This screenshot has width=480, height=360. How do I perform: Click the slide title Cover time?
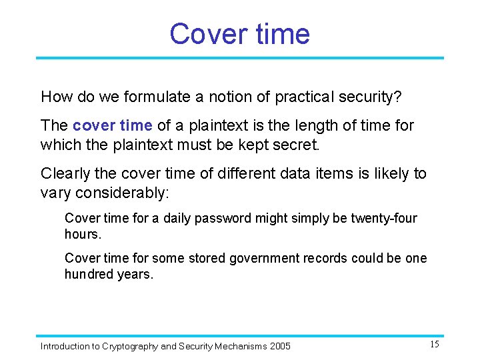[x=239, y=33]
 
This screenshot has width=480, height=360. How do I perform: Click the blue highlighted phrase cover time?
[x=113, y=125]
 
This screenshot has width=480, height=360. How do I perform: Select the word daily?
[x=179, y=219]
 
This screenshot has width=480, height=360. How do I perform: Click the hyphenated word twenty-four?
[x=384, y=219]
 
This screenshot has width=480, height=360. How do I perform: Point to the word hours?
[x=82, y=235]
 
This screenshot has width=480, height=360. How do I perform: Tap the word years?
[x=135, y=275]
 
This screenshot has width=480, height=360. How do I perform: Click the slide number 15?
[x=434, y=345]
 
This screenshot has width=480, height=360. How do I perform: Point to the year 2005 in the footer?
[x=280, y=346]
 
